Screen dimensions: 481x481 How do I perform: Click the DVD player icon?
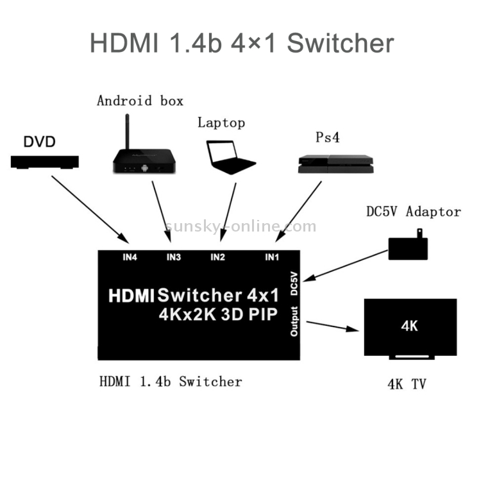click(x=45, y=162)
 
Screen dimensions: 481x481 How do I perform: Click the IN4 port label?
click(x=130, y=258)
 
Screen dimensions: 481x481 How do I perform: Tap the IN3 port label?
click(x=174, y=258)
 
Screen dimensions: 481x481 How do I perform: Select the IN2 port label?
click(x=218, y=258)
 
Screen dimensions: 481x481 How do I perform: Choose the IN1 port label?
click(x=273, y=258)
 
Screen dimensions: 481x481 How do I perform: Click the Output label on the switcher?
click(x=294, y=321)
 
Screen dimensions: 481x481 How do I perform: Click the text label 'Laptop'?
click(x=221, y=122)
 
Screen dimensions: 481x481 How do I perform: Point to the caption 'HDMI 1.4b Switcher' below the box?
click(x=171, y=382)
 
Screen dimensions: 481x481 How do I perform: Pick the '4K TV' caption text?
click(x=407, y=385)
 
